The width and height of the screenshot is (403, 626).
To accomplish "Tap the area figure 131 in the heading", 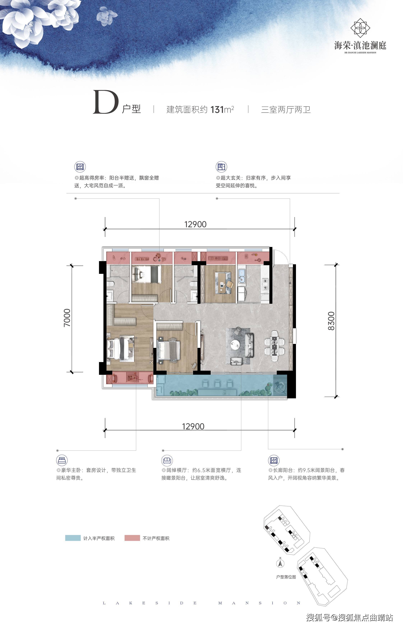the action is pos(216,109).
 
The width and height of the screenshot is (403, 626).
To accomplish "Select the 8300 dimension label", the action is pos(331,321).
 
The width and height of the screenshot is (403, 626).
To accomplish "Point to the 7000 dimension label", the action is pos(67,317).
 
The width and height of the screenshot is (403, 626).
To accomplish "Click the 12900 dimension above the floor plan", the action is pos(195,224).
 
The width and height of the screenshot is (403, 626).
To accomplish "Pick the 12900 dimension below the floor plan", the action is pos(193,427).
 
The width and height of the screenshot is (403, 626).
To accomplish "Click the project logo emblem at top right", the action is pos(360,27).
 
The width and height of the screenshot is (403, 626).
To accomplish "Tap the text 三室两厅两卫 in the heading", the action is pos(286,109).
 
